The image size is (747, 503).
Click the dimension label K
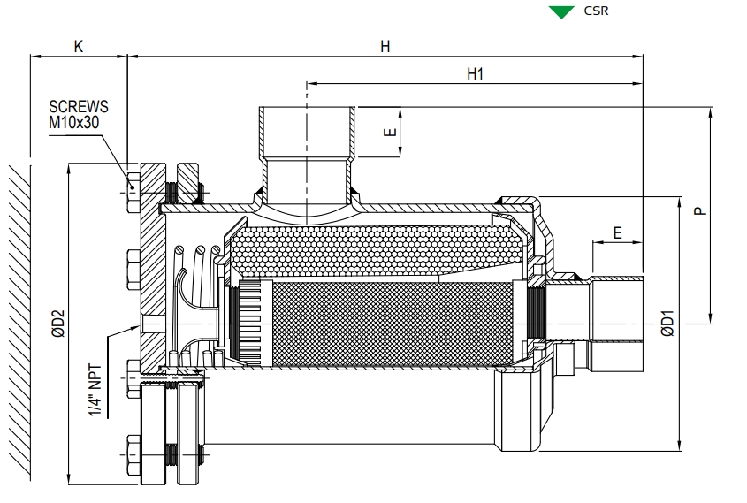click(78, 47)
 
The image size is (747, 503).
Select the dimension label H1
click(475, 75)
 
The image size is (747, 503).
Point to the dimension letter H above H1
click(385, 47)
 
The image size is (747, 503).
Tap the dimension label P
click(698, 211)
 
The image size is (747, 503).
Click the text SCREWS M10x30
click(79, 113)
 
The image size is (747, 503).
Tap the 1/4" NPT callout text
click(96, 389)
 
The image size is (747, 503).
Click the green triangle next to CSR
click(557, 12)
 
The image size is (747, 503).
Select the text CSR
click(597, 12)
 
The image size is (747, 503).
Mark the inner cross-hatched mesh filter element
click(389, 323)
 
